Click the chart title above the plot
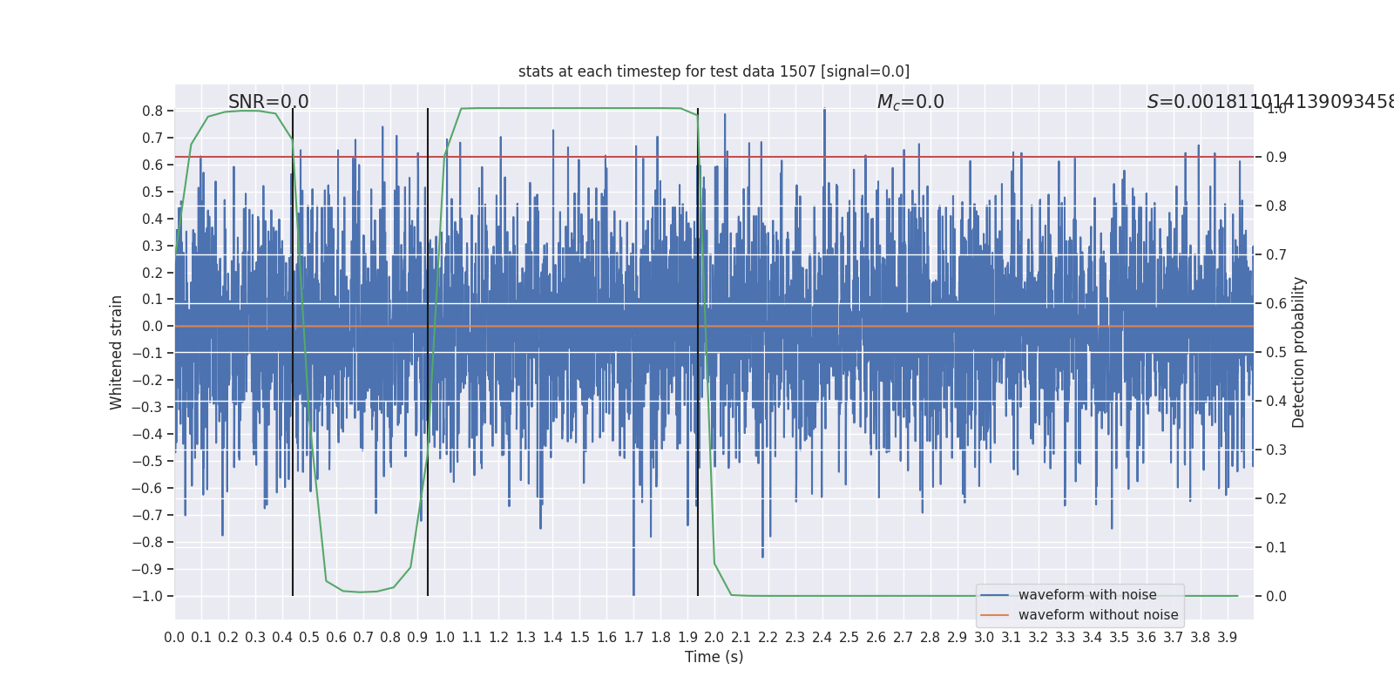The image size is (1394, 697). [714, 71]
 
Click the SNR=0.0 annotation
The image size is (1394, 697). [268, 102]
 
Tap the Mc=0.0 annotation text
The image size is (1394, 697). [910, 102]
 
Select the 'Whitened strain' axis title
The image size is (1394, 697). [117, 352]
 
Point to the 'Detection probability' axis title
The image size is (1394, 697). [1299, 352]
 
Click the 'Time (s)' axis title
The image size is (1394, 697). [714, 657]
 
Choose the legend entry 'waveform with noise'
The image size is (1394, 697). [1087, 595]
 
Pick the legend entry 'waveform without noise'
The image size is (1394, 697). [1098, 615]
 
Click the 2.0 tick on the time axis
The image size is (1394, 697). [714, 638]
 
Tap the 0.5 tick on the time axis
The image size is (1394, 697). [309, 638]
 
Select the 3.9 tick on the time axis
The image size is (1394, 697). [1227, 638]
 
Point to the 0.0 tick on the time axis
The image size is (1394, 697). [174, 638]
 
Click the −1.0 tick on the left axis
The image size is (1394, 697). [147, 596]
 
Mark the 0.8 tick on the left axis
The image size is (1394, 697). [152, 112]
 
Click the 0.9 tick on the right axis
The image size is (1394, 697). [1276, 158]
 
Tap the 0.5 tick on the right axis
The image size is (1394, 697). [1276, 353]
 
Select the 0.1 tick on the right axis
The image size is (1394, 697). [1276, 548]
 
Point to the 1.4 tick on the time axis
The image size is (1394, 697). [552, 638]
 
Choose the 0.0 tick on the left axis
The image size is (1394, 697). [152, 327]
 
